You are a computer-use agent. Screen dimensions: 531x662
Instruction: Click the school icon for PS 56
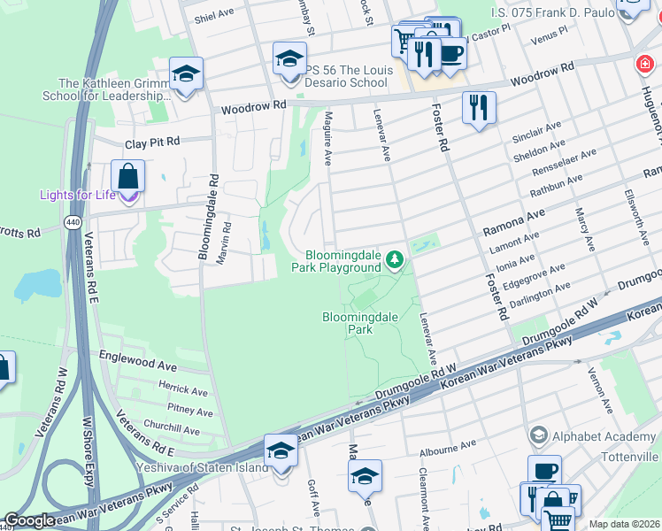(289, 59)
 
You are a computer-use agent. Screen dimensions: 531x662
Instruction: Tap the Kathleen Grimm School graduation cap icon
(186, 74)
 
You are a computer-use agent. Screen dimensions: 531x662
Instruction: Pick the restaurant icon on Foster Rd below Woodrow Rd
(479, 108)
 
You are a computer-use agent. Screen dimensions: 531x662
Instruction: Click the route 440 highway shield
(72, 223)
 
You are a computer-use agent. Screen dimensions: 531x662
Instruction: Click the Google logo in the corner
(29, 521)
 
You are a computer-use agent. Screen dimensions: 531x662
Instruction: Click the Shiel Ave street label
(214, 16)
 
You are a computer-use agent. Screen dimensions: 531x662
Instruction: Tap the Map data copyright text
(623, 524)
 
